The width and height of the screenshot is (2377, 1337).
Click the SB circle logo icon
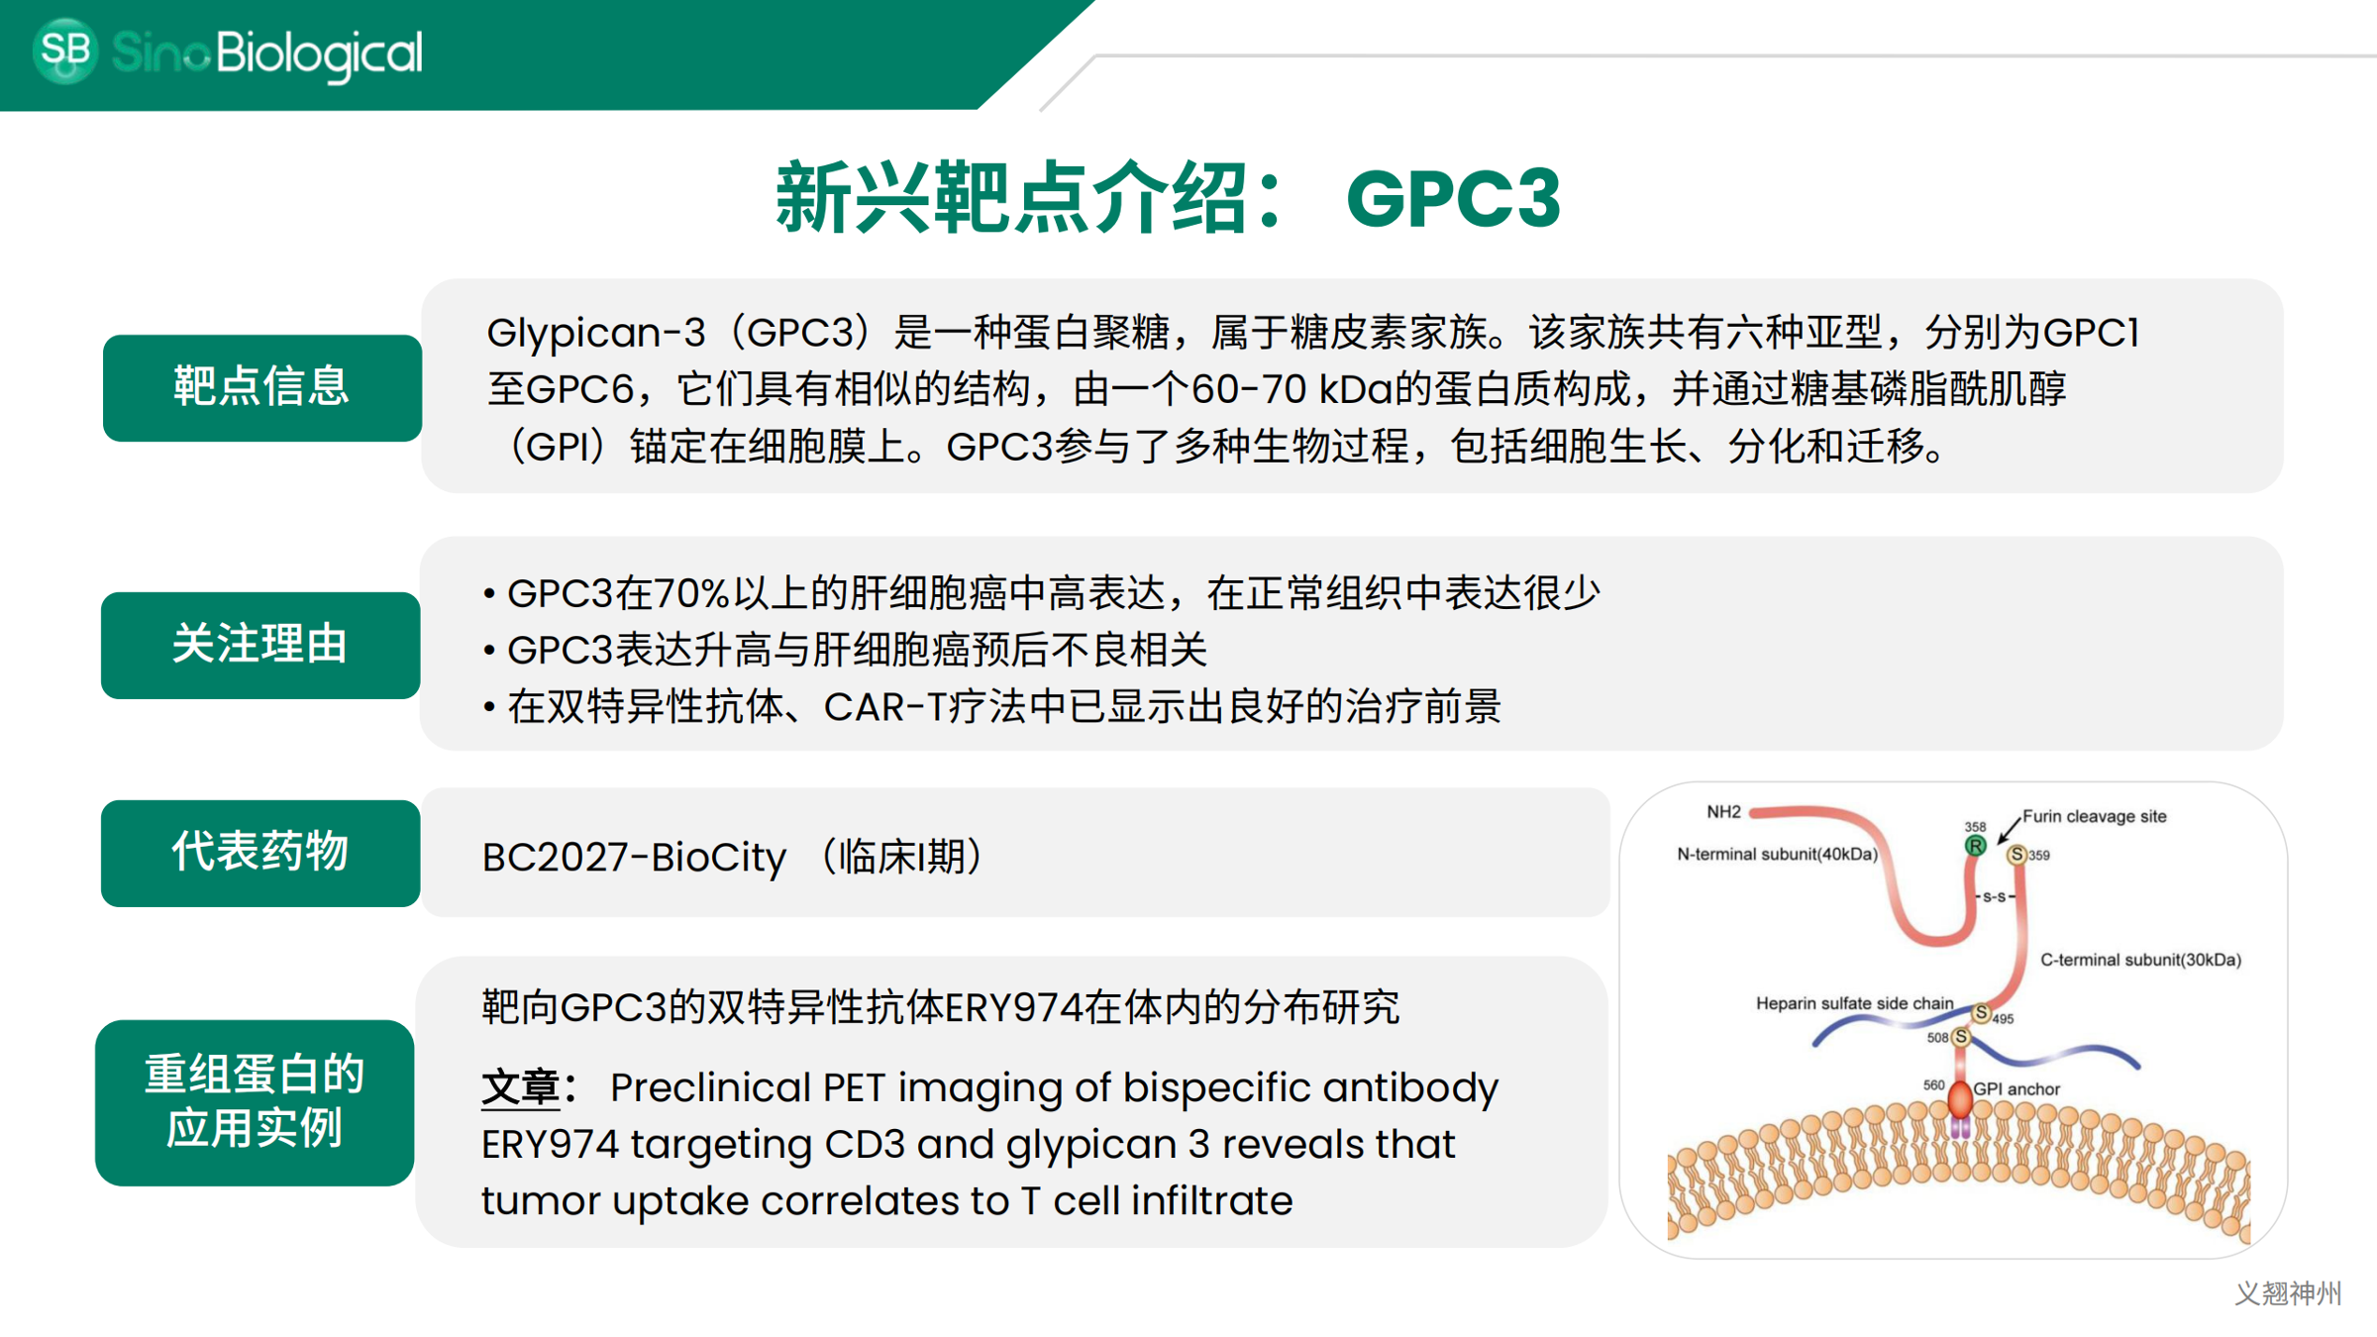coord(65,50)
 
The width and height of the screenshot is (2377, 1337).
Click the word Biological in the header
coord(319,53)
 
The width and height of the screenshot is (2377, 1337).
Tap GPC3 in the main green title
coord(1453,199)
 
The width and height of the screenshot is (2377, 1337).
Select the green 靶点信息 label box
coord(262,387)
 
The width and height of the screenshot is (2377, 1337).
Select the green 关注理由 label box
coord(260,645)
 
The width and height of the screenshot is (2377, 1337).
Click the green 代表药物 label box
coord(260,853)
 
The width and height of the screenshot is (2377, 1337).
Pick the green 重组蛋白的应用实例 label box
coord(255,1102)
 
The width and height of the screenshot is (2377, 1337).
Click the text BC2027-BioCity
coord(634,858)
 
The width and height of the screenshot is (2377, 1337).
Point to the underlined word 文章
coord(521,1087)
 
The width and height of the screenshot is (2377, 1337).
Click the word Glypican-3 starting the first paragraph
coord(595,333)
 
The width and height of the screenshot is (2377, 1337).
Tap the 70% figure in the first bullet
coord(690,593)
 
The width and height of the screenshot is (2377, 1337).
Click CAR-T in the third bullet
coord(883,707)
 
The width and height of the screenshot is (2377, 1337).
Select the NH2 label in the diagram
coord(1723,812)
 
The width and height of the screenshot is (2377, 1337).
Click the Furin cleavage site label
coord(2094,816)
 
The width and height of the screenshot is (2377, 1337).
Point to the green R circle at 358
coord(1975,846)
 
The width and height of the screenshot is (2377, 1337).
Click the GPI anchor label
coord(2015,1088)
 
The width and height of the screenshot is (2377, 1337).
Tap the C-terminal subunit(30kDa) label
coord(2140,960)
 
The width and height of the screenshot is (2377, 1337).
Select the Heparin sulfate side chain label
coord(1854,1003)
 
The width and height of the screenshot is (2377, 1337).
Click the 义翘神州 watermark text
coord(2288,1293)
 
